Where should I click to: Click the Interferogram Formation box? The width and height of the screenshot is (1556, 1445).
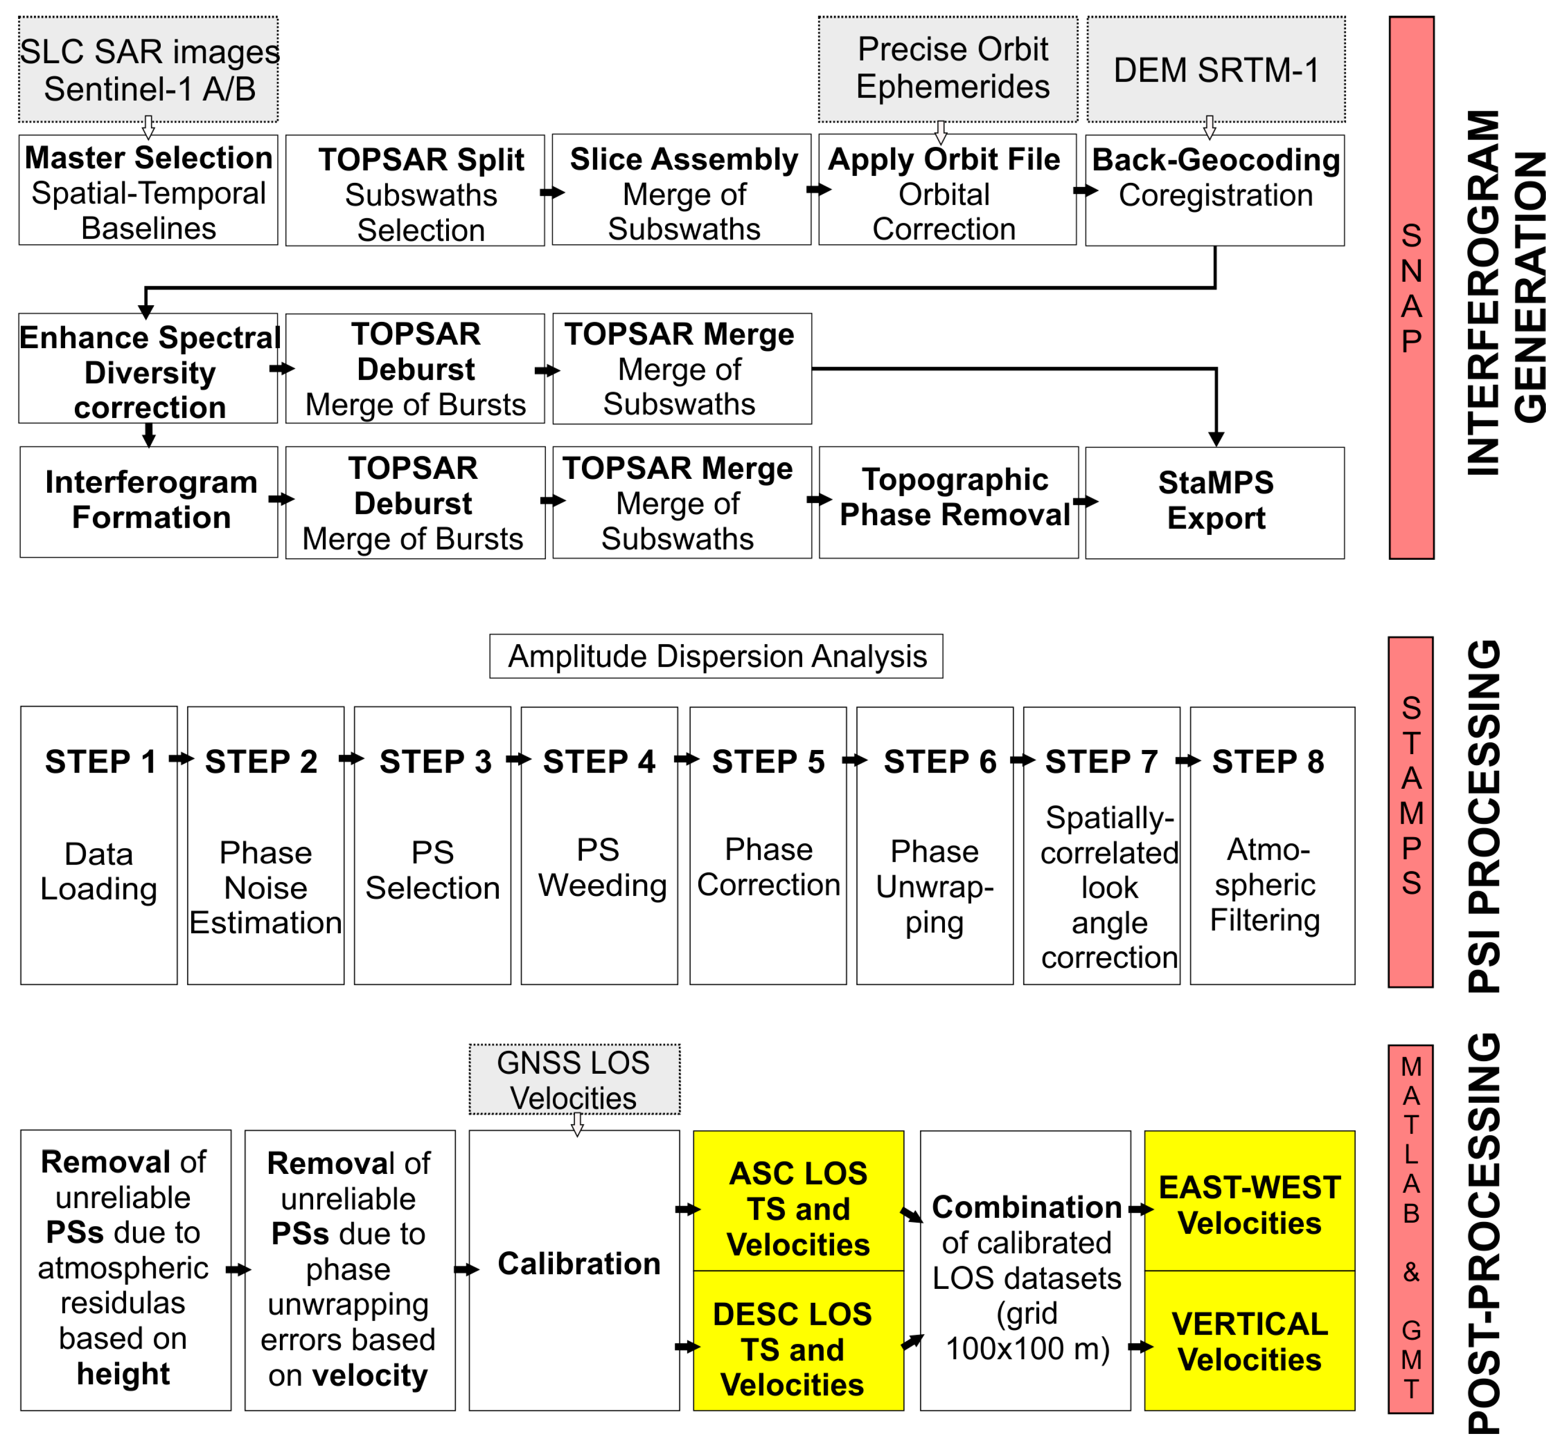tap(149, 501)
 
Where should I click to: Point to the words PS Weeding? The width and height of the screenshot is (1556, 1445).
tap(600, 868)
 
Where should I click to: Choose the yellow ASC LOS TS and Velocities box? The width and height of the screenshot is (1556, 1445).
tap(798, 1209)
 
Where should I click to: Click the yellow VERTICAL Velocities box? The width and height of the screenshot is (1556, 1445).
tap(1249, 1342)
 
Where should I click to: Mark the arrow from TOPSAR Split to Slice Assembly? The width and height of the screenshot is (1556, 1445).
tap(551, 192)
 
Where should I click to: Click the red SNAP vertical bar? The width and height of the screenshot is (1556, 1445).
tap(1411, 288)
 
